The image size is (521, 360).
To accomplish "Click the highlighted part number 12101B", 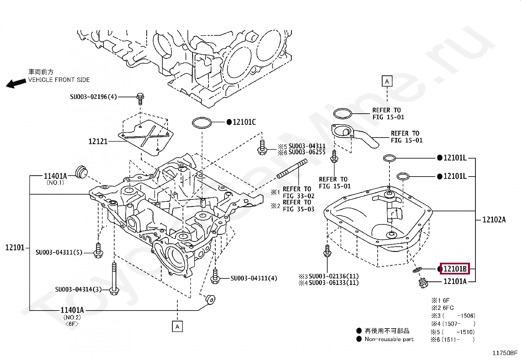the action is (455, 269).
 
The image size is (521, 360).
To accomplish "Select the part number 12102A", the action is (494, 219).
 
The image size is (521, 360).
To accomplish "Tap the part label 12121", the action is (98, 141).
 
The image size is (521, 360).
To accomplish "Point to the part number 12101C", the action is (244, 122).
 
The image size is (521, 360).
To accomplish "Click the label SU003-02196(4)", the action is (93, 97).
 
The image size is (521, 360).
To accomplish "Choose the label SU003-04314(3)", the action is (79, 289).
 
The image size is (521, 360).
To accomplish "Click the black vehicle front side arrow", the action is (16, 83).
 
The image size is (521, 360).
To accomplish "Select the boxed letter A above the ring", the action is (387, 81).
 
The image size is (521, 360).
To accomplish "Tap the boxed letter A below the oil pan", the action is (177, 327).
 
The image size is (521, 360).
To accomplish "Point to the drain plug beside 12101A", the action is (423, 283).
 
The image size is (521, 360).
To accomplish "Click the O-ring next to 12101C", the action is (202, 123).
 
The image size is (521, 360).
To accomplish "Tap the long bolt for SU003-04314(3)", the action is (114, 279).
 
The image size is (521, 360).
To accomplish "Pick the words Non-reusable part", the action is (389, 339).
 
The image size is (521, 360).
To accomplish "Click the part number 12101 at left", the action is (15, 247).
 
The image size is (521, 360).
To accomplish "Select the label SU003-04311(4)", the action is (254, 278).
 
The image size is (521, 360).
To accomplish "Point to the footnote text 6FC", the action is (448, 308).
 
